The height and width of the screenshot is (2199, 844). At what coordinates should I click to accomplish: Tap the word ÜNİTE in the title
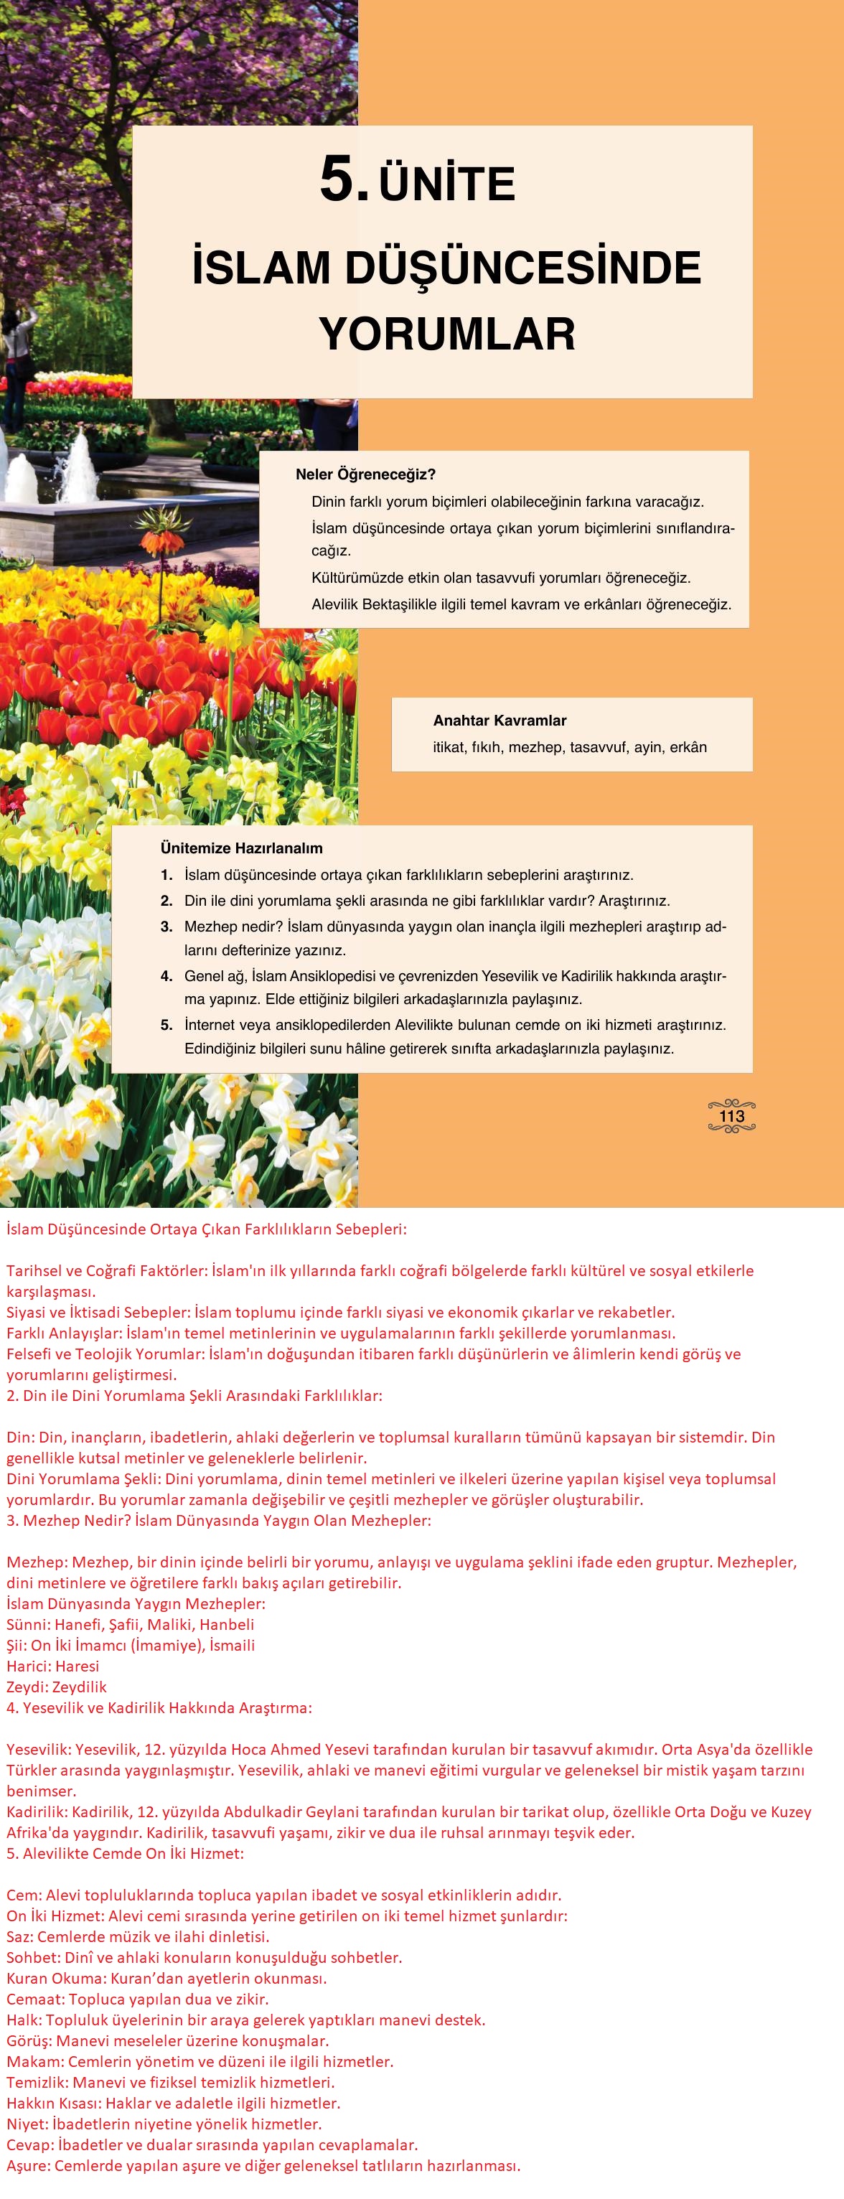click(447, 184)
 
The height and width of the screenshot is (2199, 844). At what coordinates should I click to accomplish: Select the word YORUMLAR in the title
click(447, 334)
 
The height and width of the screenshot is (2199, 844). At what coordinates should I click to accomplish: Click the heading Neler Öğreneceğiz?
click(365, 474)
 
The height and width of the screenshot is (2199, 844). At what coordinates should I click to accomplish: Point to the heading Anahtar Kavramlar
click(500, 721)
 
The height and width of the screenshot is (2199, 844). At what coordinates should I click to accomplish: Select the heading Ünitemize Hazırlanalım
click(242, 848)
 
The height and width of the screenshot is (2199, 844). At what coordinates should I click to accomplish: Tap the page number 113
click(731, 1116)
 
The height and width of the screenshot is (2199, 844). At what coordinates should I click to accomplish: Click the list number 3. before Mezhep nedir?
click(167, 927)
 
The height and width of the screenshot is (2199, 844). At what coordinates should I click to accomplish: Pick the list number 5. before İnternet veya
click(167, 1024)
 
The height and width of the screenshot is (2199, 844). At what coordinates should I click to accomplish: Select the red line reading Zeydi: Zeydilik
click(56, 1686)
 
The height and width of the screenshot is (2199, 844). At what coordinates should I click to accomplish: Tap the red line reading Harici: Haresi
click(52, 1666)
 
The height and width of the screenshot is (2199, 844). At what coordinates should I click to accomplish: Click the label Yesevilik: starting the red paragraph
click(39, 1749)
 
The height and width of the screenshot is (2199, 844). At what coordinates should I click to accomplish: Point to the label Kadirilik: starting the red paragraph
click(37, 1811)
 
